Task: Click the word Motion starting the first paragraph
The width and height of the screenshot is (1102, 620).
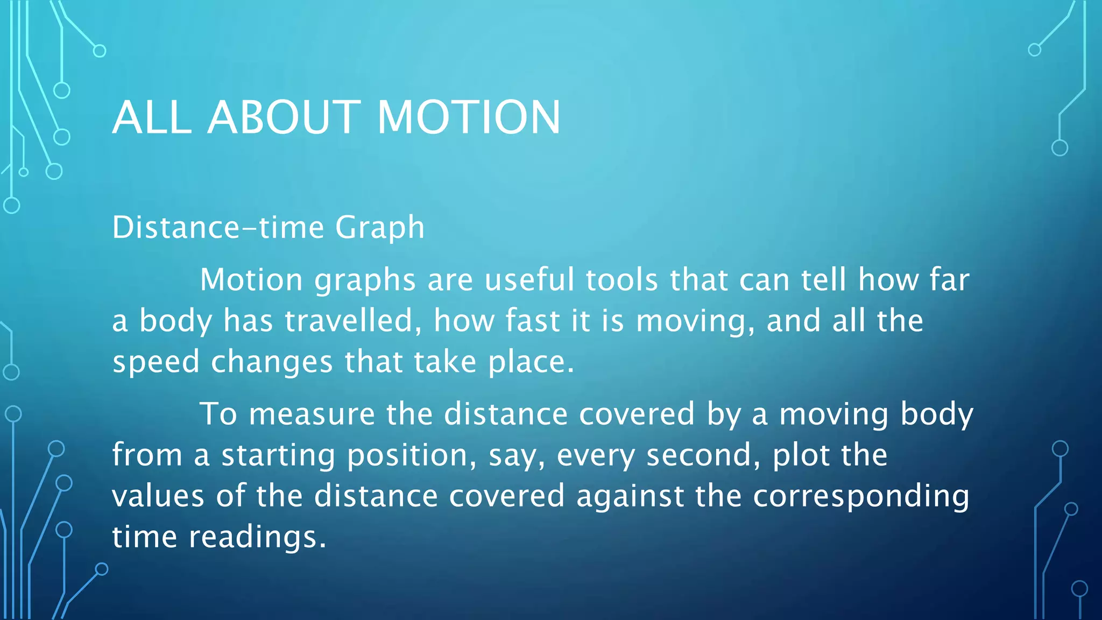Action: click(251, 280)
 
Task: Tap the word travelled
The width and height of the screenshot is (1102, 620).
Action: click(352, 321)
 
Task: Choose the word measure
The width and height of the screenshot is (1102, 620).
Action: click(312, 414)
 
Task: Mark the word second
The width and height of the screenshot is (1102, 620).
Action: click(703, 455)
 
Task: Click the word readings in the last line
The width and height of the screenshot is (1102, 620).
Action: click(257, 538)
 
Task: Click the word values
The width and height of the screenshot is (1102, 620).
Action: click(158, 496)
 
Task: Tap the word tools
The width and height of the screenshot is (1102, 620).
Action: click(621, 280)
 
